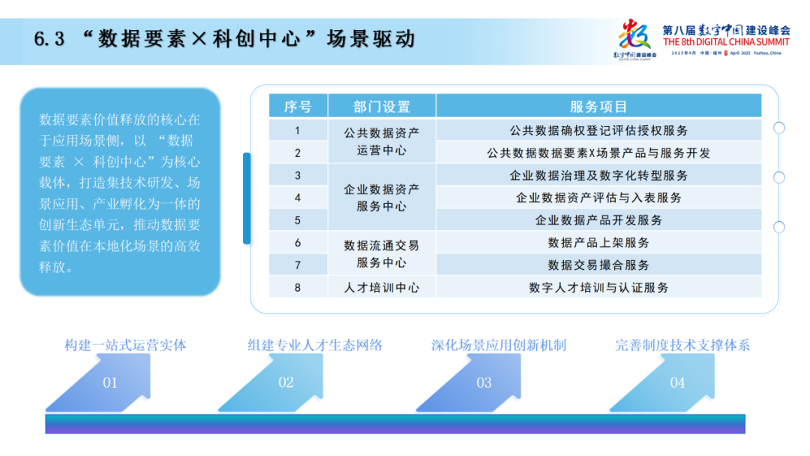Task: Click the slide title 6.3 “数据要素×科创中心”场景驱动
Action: [x=224, y=38]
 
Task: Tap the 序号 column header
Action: [x=298, y=106]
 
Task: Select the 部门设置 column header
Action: [x=382, y=106]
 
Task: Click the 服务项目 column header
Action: [x=598, y=106]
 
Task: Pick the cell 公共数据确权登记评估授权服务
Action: [x=598, y=130]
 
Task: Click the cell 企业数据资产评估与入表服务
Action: [x=598, y=198]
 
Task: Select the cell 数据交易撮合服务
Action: [x=598, y=265]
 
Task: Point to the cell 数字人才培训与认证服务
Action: [x=598, y=287]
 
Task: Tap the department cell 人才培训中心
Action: [x=382, y=287]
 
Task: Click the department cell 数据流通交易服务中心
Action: [x=382, y=254]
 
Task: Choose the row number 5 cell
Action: [x=298, y=220]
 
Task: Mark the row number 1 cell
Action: [x=298, y=130]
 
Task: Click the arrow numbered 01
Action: [x=110, y=382]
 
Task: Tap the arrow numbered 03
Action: [x=484, y=382]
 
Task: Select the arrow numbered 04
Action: [x=677, y=382]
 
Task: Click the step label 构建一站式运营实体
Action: [x=125, y=346]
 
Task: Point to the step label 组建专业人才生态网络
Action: [x=315, y=346]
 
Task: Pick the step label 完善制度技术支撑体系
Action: [x=682, y=346]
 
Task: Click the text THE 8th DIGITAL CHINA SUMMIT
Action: [x=727, y=43]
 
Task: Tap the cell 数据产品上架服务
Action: [x=598, y=243]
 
